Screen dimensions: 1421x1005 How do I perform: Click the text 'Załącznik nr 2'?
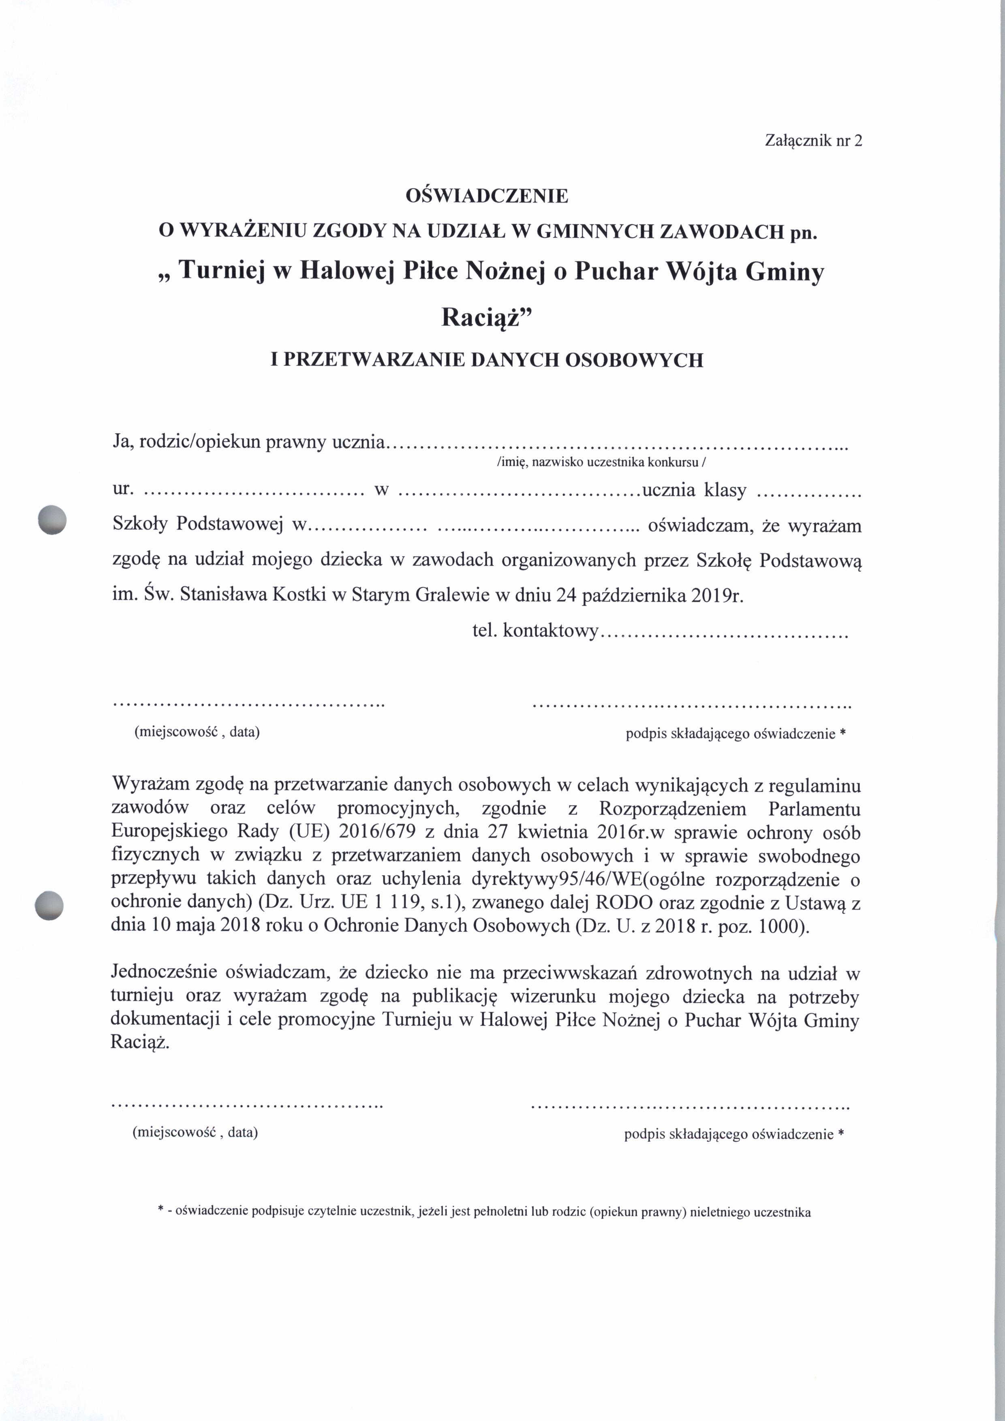coord(813,141)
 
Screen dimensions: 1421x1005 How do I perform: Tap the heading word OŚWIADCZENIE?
coord(486,197)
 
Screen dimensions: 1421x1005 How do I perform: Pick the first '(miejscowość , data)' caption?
coord(197,732)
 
